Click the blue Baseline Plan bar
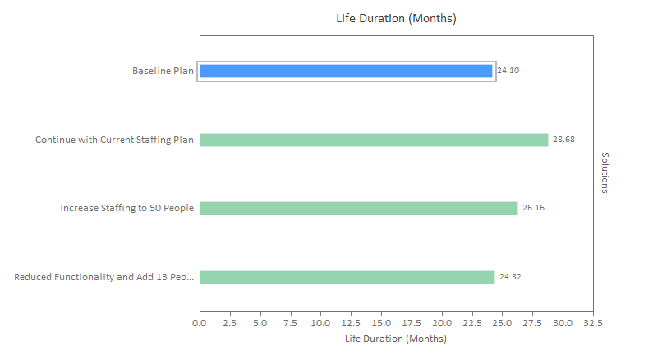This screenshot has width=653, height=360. coord(346,71)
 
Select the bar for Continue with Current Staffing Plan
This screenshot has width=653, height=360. coord(374,140)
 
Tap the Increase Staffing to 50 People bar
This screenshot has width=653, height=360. coord(358,208)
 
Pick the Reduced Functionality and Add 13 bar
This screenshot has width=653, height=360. coord(347,277)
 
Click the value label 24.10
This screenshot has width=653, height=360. coord(509,71)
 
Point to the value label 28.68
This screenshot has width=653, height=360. coord(563,140)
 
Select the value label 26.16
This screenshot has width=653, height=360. coord(533,208)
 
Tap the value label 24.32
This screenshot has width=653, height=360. coord(510,277)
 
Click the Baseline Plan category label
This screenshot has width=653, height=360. coord(163,71)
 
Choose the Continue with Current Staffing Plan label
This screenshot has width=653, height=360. coord(114,140)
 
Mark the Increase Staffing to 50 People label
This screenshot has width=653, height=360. coord(126,208)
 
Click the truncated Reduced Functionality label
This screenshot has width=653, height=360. coord(104,277)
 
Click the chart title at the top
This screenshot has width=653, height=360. coord(396,18)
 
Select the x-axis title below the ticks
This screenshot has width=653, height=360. coord(396,339)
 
